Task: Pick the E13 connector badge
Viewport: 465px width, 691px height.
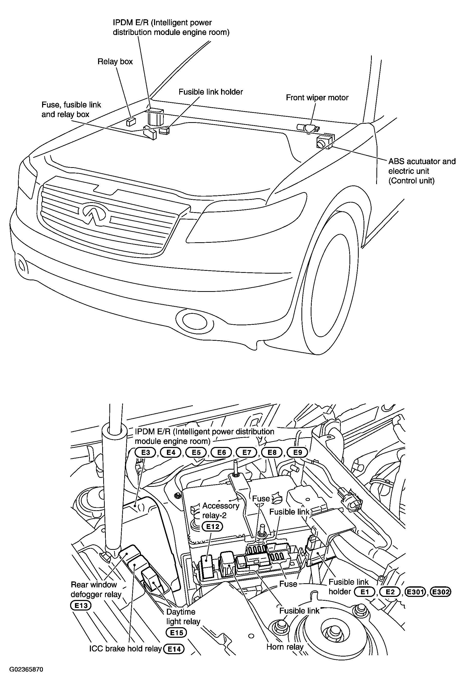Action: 81,605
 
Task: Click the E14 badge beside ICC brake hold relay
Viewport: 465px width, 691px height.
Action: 174,649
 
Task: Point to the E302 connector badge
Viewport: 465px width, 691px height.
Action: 441,592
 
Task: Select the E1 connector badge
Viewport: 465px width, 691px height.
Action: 365,592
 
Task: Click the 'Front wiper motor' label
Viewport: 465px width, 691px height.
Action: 317,97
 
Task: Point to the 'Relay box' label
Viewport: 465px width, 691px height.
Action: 115,61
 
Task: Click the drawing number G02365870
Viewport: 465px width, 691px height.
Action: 26,670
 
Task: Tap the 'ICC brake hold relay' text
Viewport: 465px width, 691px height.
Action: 126,649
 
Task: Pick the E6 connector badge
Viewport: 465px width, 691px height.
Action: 222,453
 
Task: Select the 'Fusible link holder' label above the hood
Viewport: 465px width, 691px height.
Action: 211,92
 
